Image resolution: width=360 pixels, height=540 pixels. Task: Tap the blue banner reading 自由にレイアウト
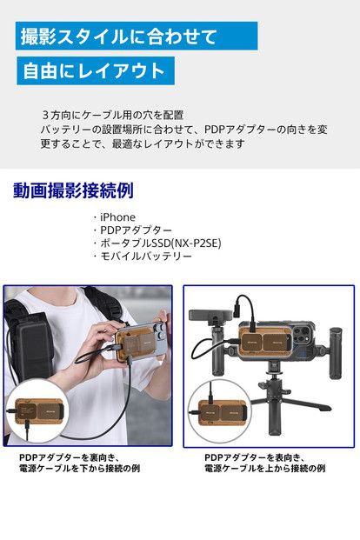coord(95,71)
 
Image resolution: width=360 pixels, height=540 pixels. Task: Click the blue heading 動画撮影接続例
coord(73,190)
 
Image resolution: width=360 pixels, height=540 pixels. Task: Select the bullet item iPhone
coord(117,217)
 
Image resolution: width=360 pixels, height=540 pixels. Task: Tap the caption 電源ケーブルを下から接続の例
coord(79,469)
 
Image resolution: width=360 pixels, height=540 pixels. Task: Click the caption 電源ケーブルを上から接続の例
coord(264,469)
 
